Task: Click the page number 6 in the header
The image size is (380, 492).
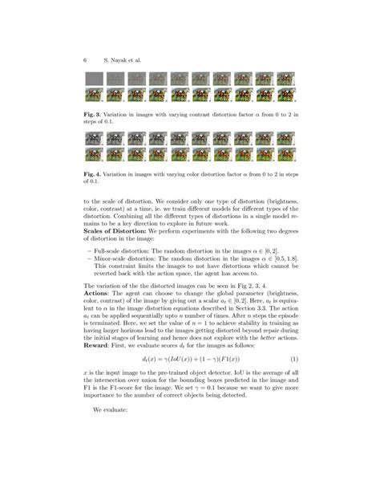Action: [x=84, y=60]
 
